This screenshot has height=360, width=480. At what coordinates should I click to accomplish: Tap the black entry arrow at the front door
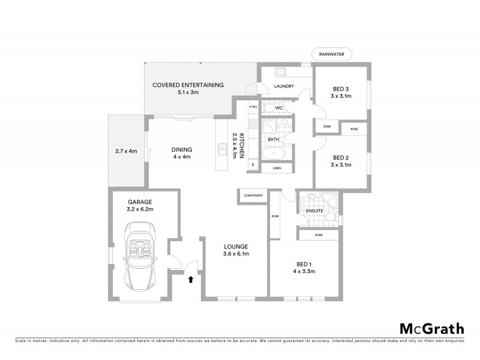[x=191, y=279]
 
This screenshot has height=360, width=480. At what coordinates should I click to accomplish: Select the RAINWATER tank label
[x=332, y=55]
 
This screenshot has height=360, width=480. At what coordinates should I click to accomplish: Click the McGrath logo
[x=431, y=328]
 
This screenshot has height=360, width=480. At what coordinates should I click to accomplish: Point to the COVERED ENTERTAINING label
[x=188, y=85]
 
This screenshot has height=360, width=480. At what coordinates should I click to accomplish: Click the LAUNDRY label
[x=284, y=86]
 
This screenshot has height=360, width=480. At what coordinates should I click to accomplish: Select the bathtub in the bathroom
[x=274, y=153]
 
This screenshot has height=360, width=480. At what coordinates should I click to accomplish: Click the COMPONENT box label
[x=253, y=196]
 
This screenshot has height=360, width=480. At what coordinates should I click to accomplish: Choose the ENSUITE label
[x=315, y=211]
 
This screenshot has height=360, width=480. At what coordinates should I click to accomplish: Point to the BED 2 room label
[x=341, y=157]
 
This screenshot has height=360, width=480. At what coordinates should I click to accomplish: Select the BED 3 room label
[x=341, y=89]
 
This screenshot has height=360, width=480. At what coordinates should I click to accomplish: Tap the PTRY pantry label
[x=253, y=107]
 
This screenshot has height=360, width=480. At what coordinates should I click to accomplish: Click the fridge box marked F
[x=253, y=164]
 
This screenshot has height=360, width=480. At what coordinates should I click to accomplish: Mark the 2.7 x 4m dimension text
[x=126, y=151]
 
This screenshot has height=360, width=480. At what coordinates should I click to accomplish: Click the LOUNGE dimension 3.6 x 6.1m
[x=236, y=254]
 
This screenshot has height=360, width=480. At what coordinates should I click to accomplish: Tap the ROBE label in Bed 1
[x=318, y=235]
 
